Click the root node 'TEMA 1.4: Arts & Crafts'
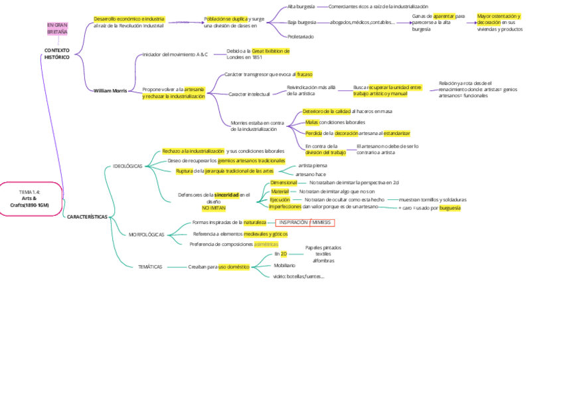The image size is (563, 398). pyautogui.click(x=30, y=198)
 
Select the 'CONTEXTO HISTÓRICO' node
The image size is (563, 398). pyautogui.click(x=56, y=54)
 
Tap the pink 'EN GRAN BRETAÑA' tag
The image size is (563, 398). pyautogui.click(x=57, y=29)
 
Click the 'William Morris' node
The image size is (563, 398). pyautogui.click(x=110, y=90)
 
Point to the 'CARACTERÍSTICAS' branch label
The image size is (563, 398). pyautogui.click(x=87, y=217)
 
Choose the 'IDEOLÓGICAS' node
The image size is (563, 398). pyautogui.click(x=127, y=165)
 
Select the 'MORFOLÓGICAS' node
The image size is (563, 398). pyautogui.click(x=146, y=235)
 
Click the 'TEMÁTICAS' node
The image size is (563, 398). pyautogui.click(x=150, y=266)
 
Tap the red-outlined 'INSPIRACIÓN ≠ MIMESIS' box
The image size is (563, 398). pyautogui.click(x=305, y=223)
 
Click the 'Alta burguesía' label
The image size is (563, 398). pyautogui.click(x=301, y=7)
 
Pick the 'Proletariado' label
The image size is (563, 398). pyautogui.click(x=301, y=37)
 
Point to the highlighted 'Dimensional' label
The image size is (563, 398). pyautogui.click(x=283, y=182)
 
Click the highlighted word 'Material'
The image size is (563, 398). pyautogui.click(x=280, y=191)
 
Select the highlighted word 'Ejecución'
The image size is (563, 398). pyautogui.click(x=280, y=199)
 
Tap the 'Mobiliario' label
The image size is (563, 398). pyautogui.click(x=285, y=265)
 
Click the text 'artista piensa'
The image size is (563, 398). pyautogui.click(x=312, y=165)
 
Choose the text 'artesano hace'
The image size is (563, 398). pyautogui.click(x=311, y=174)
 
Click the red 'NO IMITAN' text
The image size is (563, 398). pyautogui.click(x=214, y=207)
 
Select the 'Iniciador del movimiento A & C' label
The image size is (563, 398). pyautogui.click(x=175, y=54)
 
